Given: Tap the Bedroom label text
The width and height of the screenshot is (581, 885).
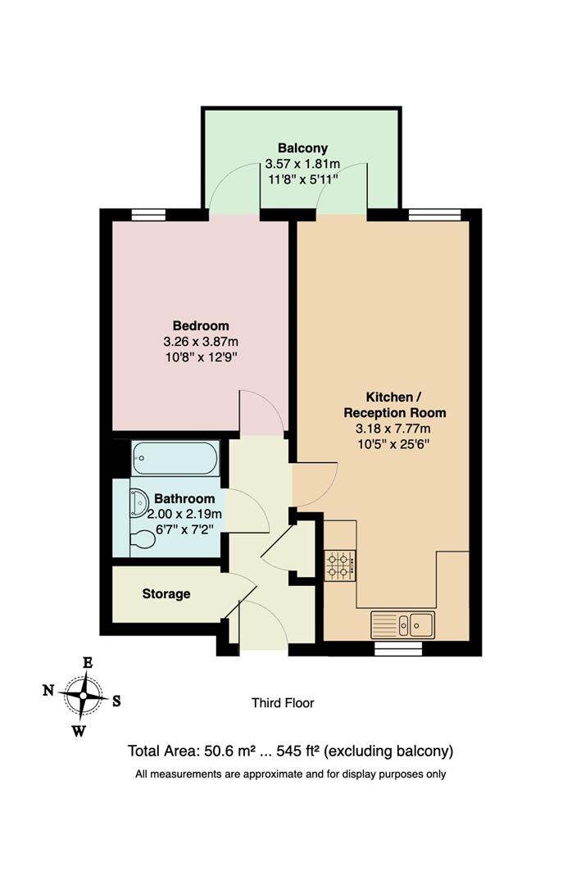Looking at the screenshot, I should click(x=201, y=325).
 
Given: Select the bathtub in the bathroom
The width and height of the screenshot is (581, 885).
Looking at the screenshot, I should click(x=175, y=458).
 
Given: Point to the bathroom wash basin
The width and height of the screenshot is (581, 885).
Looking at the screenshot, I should click(x=138, y=499).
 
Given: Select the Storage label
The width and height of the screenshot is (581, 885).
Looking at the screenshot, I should click(x=166, y=593).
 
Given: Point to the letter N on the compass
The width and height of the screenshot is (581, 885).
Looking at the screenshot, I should click(x=48, y=691).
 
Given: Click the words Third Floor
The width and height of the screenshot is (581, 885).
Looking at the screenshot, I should click(x=282, y=702).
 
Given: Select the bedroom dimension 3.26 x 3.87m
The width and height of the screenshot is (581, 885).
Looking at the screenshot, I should click(x=201, y=341).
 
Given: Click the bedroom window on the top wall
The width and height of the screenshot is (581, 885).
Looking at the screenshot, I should click(x=148, y=215).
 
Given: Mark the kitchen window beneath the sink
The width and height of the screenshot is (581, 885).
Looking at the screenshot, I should click(x=398, y=648).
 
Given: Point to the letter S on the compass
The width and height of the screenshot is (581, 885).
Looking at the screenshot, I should click(x=116, y=701).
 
